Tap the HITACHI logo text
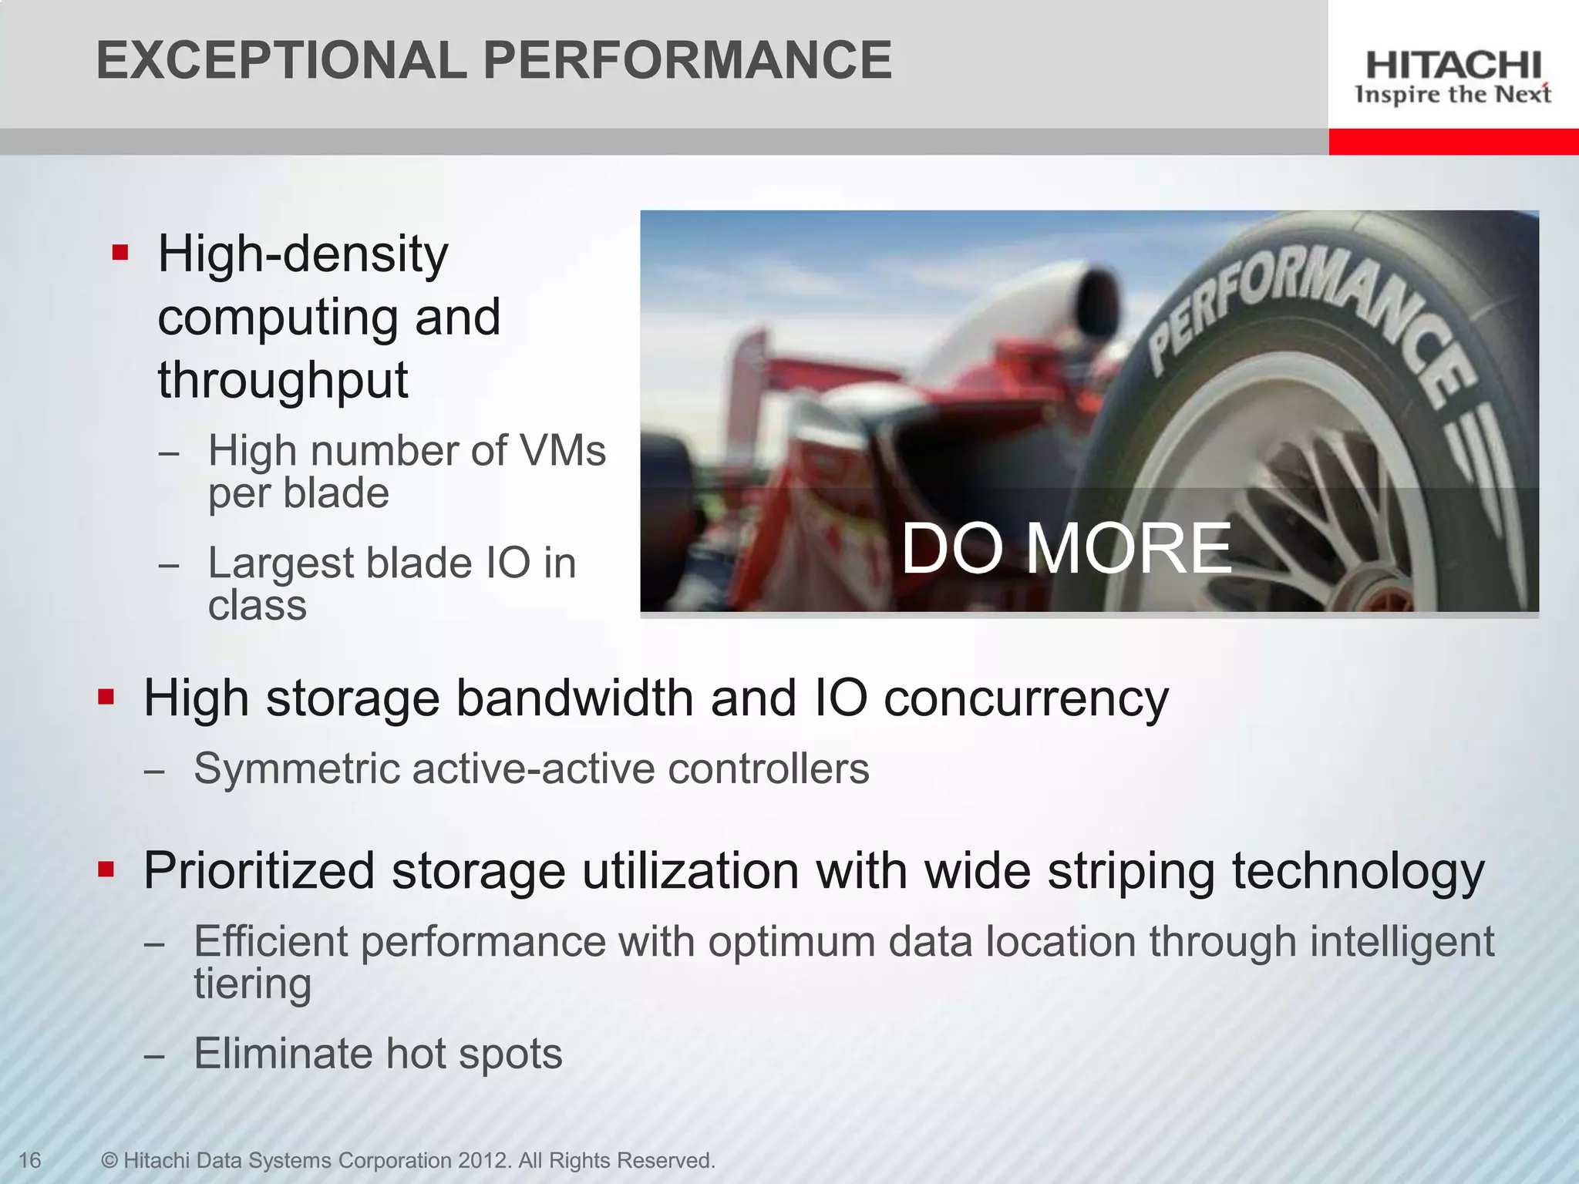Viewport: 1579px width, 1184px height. [x=1453, y=66]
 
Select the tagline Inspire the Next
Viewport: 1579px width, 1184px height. [x=1453, y=95]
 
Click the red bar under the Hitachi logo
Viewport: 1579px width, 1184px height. [x=1453, y=142]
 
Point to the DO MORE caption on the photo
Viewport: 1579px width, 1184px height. [x=1066, y=548]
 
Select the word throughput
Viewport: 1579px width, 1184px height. [x=282, y=380]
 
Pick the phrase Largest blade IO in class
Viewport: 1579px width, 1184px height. [x=391, y=584]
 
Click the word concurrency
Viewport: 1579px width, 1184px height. [x=1025, y=698]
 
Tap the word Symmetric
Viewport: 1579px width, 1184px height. [x=296, y=769]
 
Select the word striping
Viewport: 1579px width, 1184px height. [x=1130, y=871]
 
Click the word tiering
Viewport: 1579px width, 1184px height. [x=252, y=984]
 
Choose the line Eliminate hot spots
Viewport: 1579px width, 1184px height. [x=378, y=1054]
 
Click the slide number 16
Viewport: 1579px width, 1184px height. [x=29, y=1160]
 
